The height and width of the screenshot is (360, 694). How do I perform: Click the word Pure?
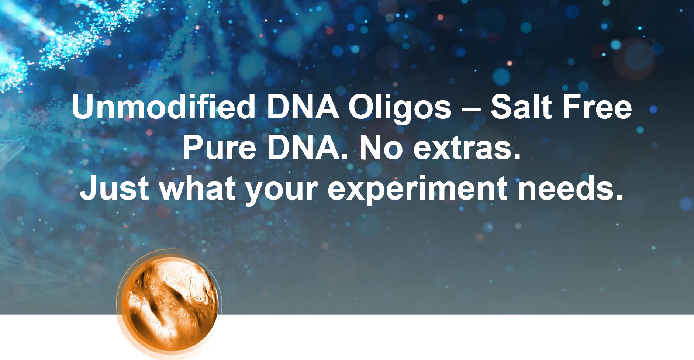[x=220, y=148]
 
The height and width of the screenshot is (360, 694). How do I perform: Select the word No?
[x=381, y=148]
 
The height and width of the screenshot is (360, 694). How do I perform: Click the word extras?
[x=467, y=149]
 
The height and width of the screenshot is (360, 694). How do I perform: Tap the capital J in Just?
[x=89, y=188]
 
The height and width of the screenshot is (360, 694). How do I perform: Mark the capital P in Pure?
[x=194, y=148]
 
